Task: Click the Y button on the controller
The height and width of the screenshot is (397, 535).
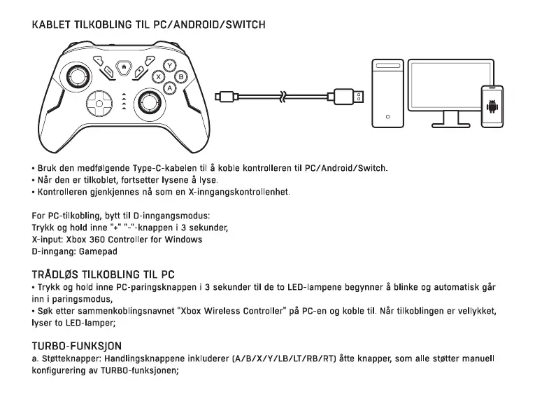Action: (169, 65)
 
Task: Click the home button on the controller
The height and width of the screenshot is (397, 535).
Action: (124, 67)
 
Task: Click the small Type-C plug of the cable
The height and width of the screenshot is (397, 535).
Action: (226, 96)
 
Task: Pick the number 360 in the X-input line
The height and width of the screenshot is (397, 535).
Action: (87, 239)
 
